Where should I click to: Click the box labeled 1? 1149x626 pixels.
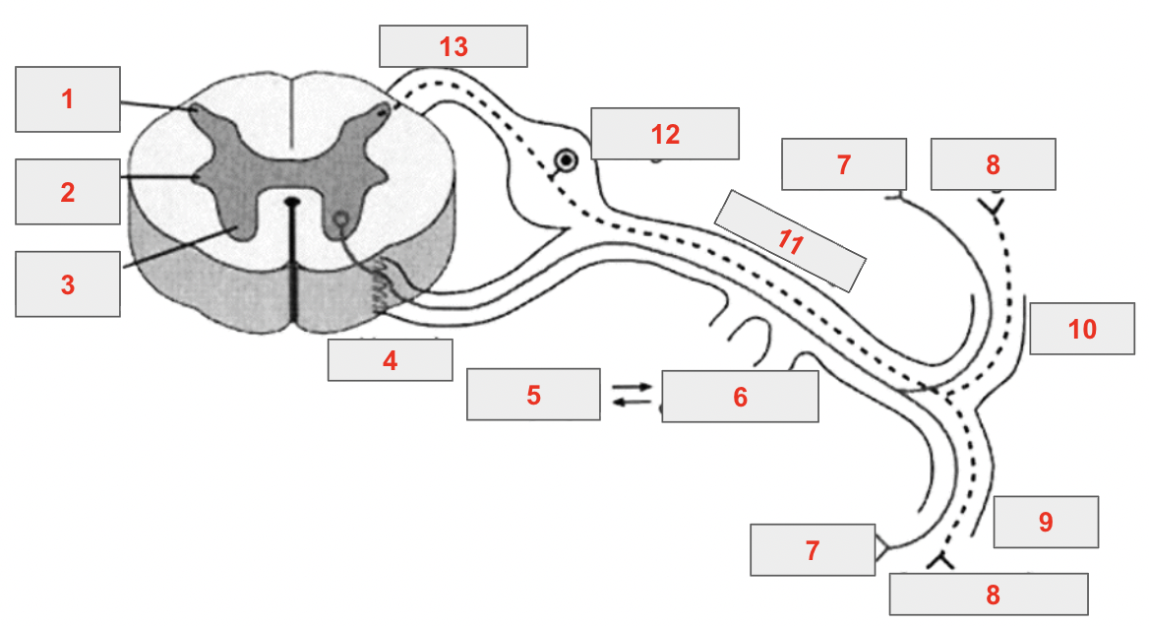pos(68,99)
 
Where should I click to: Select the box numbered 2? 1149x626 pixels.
pos(68,192)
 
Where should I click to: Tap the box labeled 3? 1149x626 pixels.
pos(68,284)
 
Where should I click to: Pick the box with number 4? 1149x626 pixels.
pos(390,360)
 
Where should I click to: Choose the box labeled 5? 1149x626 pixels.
pos(533,395)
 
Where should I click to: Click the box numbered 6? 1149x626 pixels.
pos(740,397)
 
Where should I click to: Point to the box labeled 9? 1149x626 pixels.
pos(1046,522)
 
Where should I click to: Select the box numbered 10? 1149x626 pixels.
pos(1082,329)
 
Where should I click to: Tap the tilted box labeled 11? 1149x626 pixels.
pos(790,240)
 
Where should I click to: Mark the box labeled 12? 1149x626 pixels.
pos(665,133)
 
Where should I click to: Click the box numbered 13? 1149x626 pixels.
pos(454,46)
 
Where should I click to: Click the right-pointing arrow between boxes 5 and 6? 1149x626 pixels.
pos(631,386)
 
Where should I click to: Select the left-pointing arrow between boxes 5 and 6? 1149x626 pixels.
pos(631,402)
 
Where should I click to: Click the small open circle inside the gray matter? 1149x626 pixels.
pos(340,219)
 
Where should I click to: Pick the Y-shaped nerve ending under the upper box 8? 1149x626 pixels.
pos(995,208)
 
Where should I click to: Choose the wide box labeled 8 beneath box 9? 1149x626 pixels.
pos(989,595)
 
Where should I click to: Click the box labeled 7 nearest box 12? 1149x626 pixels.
pos(844,164)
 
